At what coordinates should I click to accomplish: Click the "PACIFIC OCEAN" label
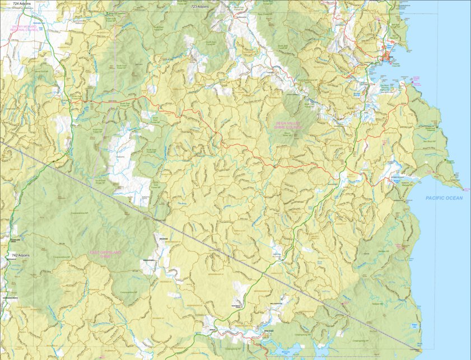[444, 198]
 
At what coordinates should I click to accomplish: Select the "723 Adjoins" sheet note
[200, 7]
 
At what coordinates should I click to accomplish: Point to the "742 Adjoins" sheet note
[20, 255]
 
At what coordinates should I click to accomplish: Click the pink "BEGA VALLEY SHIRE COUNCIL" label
[288, 125]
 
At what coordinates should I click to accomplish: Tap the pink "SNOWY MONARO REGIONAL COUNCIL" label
[20, 28]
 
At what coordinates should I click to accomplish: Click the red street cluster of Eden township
[388, 57]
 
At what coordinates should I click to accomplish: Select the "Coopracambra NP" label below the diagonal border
[83, 213]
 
